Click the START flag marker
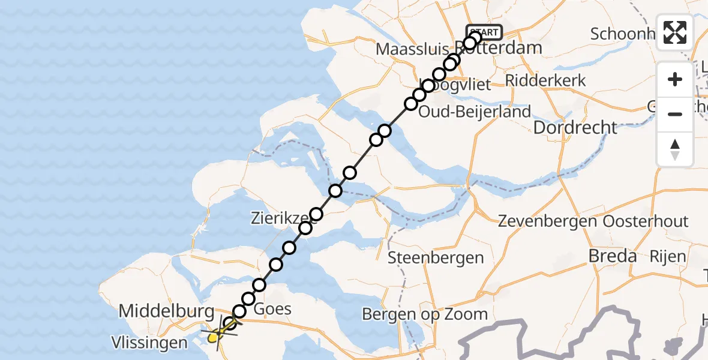click(x=484, y=32)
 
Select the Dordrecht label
click(x=575, y=128)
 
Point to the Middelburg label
click(x=166, y=311)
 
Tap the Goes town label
click(x=273, y=310)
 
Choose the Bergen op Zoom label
click(x=425, y=314)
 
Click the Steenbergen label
click(x=436, y=258)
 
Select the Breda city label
click(x=612, y=256)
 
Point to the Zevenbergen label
click(x=547, y=221)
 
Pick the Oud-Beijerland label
click(x=475, y=112)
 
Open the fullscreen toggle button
click(x=675, y=32)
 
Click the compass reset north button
click(x=675, y=149)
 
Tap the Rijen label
click(x=668, y=257)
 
